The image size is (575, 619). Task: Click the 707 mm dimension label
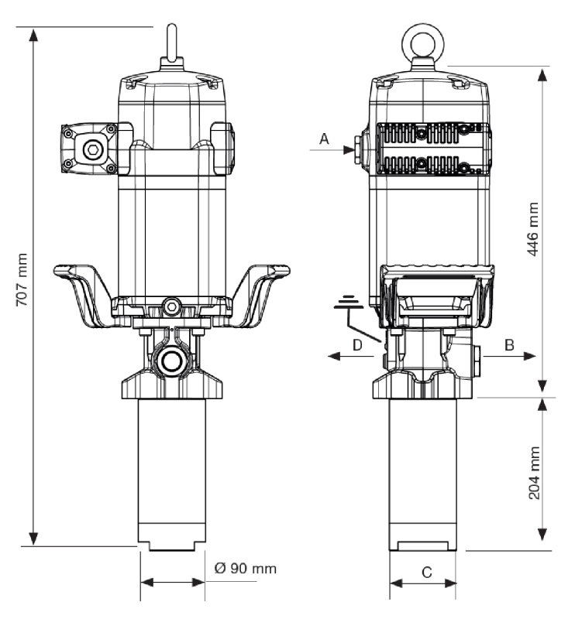(x=22, y=279)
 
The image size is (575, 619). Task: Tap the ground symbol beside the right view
(x=346, y=303)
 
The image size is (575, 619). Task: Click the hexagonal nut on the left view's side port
(x=93, y=149)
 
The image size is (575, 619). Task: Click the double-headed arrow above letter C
(x=423, y=582)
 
